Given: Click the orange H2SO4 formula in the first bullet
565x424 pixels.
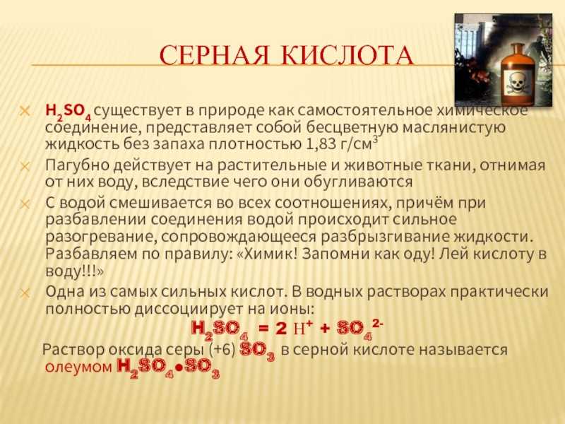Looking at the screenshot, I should (68, 112).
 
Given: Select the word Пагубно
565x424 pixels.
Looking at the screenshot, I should (73, 165).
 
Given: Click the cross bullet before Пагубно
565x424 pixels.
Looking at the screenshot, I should (24, 165).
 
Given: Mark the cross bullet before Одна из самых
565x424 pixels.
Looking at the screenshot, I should (24, 292).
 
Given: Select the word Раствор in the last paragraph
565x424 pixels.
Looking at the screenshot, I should (72, 350).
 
